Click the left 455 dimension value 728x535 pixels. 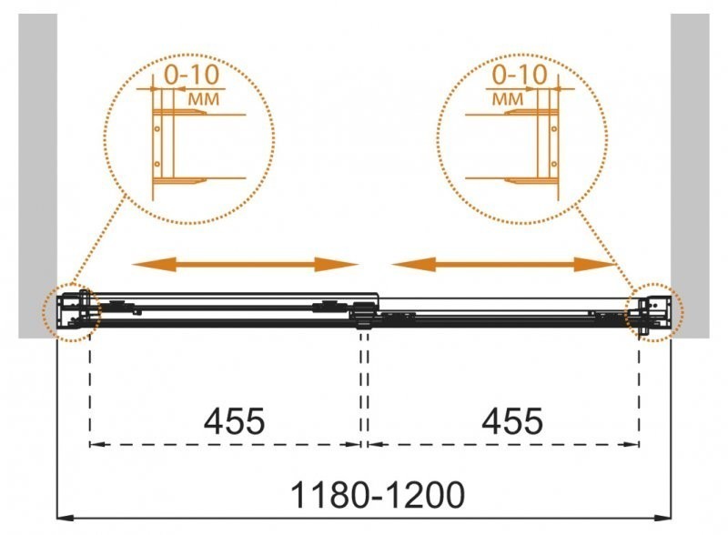234,421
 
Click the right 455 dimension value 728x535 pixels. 512,421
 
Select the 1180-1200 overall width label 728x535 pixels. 377,494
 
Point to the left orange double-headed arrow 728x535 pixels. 245,264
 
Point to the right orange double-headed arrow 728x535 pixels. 505,264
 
